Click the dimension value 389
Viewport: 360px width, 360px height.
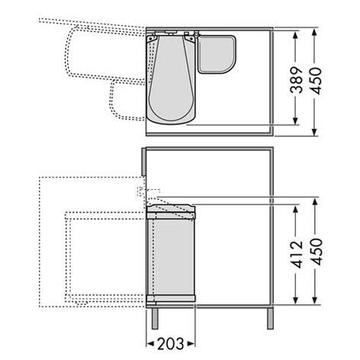click(297, 80)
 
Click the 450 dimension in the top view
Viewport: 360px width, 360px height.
click(315, 81)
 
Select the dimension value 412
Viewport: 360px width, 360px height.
click(297, 255)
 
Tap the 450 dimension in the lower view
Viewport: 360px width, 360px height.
click(316, 252)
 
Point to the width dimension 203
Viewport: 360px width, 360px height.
click(170, 344)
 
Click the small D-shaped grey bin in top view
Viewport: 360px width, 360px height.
click(217, 54)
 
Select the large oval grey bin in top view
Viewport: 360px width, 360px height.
click(171, 79)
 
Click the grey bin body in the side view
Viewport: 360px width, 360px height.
click(171, 257)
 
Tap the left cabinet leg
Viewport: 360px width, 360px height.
click(155, 319)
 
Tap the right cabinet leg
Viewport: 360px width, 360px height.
click(270, 319)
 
